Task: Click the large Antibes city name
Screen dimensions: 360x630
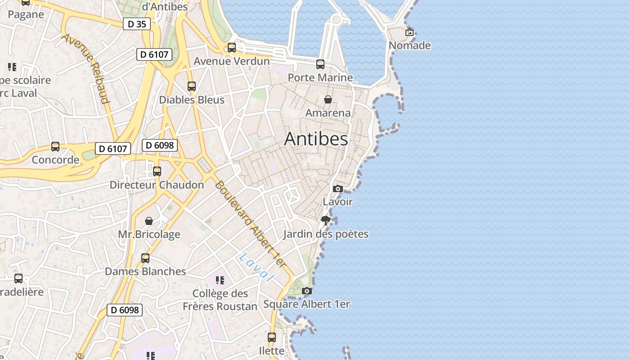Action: (x=316, y=139)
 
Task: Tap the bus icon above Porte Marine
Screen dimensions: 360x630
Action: (x=320, y=64)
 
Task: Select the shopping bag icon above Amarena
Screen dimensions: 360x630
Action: (x=328, y=99)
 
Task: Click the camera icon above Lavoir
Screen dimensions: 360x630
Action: (x=338, y=189)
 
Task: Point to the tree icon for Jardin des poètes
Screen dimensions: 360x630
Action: (x=326, y=220)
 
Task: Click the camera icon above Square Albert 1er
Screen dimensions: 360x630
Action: (x=307, y=291)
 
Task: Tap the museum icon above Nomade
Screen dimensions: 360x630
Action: (x=409, y=32)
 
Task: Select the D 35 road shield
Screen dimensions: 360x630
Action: (x=137, y=24)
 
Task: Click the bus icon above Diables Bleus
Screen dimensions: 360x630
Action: (x=192, y=86)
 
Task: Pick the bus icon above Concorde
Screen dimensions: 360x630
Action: (x=55, y=147)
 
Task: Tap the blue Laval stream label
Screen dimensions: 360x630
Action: (x=256, y=267)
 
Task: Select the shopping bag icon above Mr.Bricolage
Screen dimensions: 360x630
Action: (x=149, y=221)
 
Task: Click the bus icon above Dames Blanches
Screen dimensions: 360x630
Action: (x=145, y=258)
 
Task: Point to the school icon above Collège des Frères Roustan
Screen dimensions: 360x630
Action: (x=220, y=280)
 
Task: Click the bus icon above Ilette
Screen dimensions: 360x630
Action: (x=272, y=337)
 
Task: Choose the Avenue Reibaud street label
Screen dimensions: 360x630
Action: (x=86, y=68)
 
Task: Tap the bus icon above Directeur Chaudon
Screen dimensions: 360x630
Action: (x=157, y=171)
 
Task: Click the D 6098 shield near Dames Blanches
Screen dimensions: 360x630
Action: (x=125, y=310)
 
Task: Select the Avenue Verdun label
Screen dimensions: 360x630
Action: (x=232, y=61)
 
